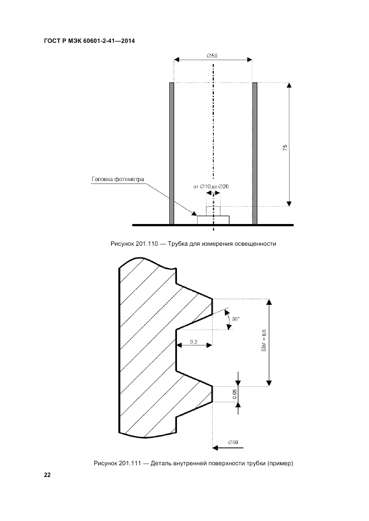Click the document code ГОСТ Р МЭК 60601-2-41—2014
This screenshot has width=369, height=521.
click(x=89, y=41)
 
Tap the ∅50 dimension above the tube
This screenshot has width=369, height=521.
click(x=212, y=56)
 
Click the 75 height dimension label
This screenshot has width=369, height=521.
click(x=285, y=148)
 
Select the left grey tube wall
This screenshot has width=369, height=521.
click(x=172, y=153)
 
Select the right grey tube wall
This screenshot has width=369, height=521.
click(x=255, y=153)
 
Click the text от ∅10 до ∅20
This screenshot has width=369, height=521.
click(x=211, y=186)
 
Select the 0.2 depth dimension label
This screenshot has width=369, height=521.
click(x=194, y=341)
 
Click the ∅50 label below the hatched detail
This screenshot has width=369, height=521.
click(x=233, y=442)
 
